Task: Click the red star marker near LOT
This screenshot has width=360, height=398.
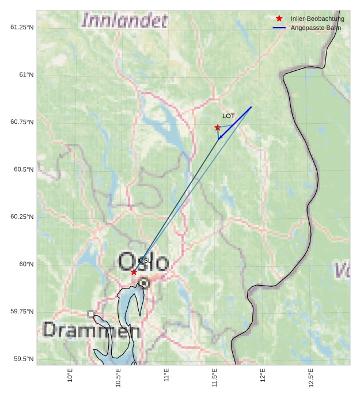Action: pyautogui.click(x=217, y=127)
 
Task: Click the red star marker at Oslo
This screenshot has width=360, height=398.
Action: pyautogui.click(x=134, y=272)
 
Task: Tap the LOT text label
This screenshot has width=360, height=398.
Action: pyautogui.click(x=229, y=116)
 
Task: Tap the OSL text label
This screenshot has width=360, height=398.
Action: pyautogui.click(x=145, y=261)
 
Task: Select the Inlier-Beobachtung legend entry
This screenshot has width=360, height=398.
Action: pyautogui.click(x=317, y=19)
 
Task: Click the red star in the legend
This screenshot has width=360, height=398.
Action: pyautogui.click(x=279, y=19)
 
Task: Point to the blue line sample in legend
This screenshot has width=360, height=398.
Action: pyautogui.click(x=279, y=28)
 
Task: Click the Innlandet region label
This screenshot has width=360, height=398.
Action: pyautogui.click(x=124, y=21)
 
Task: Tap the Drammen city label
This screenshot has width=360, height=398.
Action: pyautogui.click(x=92, y=331)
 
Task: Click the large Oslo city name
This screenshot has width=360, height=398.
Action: pyautogui.click(x=143, y=262)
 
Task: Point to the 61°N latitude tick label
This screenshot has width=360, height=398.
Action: pyautogui.click(x=22, y=75)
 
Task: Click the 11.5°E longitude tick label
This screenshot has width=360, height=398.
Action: pyautogui.click(x=215, y=377)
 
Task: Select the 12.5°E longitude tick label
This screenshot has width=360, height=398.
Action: pyautogui.click(x=311, y=377)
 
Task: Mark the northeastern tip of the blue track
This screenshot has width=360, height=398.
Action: pyautogui.click(x=251, y=107)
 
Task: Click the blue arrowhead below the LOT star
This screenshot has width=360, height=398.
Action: pyautogui.click(x=219, y=137)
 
